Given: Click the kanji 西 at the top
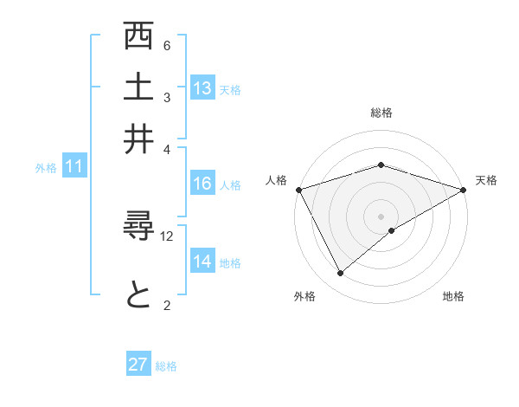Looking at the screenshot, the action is coord(139,39).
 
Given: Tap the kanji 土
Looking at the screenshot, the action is coord(139,89).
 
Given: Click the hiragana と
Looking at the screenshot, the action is coord(139,295).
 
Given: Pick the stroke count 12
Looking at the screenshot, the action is coord(167,236).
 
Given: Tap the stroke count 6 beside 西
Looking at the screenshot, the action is coord(167,45).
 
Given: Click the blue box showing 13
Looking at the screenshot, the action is coord(202,87).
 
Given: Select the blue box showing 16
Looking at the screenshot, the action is coord(202,184).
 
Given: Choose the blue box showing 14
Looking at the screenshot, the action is coord(202,262).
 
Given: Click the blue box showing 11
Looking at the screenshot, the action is coord(74,167).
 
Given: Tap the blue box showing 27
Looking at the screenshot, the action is coord(138,365).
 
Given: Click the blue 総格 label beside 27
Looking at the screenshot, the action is coord(166,366).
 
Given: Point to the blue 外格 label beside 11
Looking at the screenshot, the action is coord(46,168).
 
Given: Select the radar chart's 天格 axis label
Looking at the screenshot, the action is coord(486,180).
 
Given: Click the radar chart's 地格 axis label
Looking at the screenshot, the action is coord(453,297).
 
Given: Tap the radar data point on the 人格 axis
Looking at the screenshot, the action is coord(298,189).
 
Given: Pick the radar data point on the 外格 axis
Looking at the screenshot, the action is coord(340,274).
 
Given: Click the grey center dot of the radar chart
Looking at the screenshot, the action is coord(381,216).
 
